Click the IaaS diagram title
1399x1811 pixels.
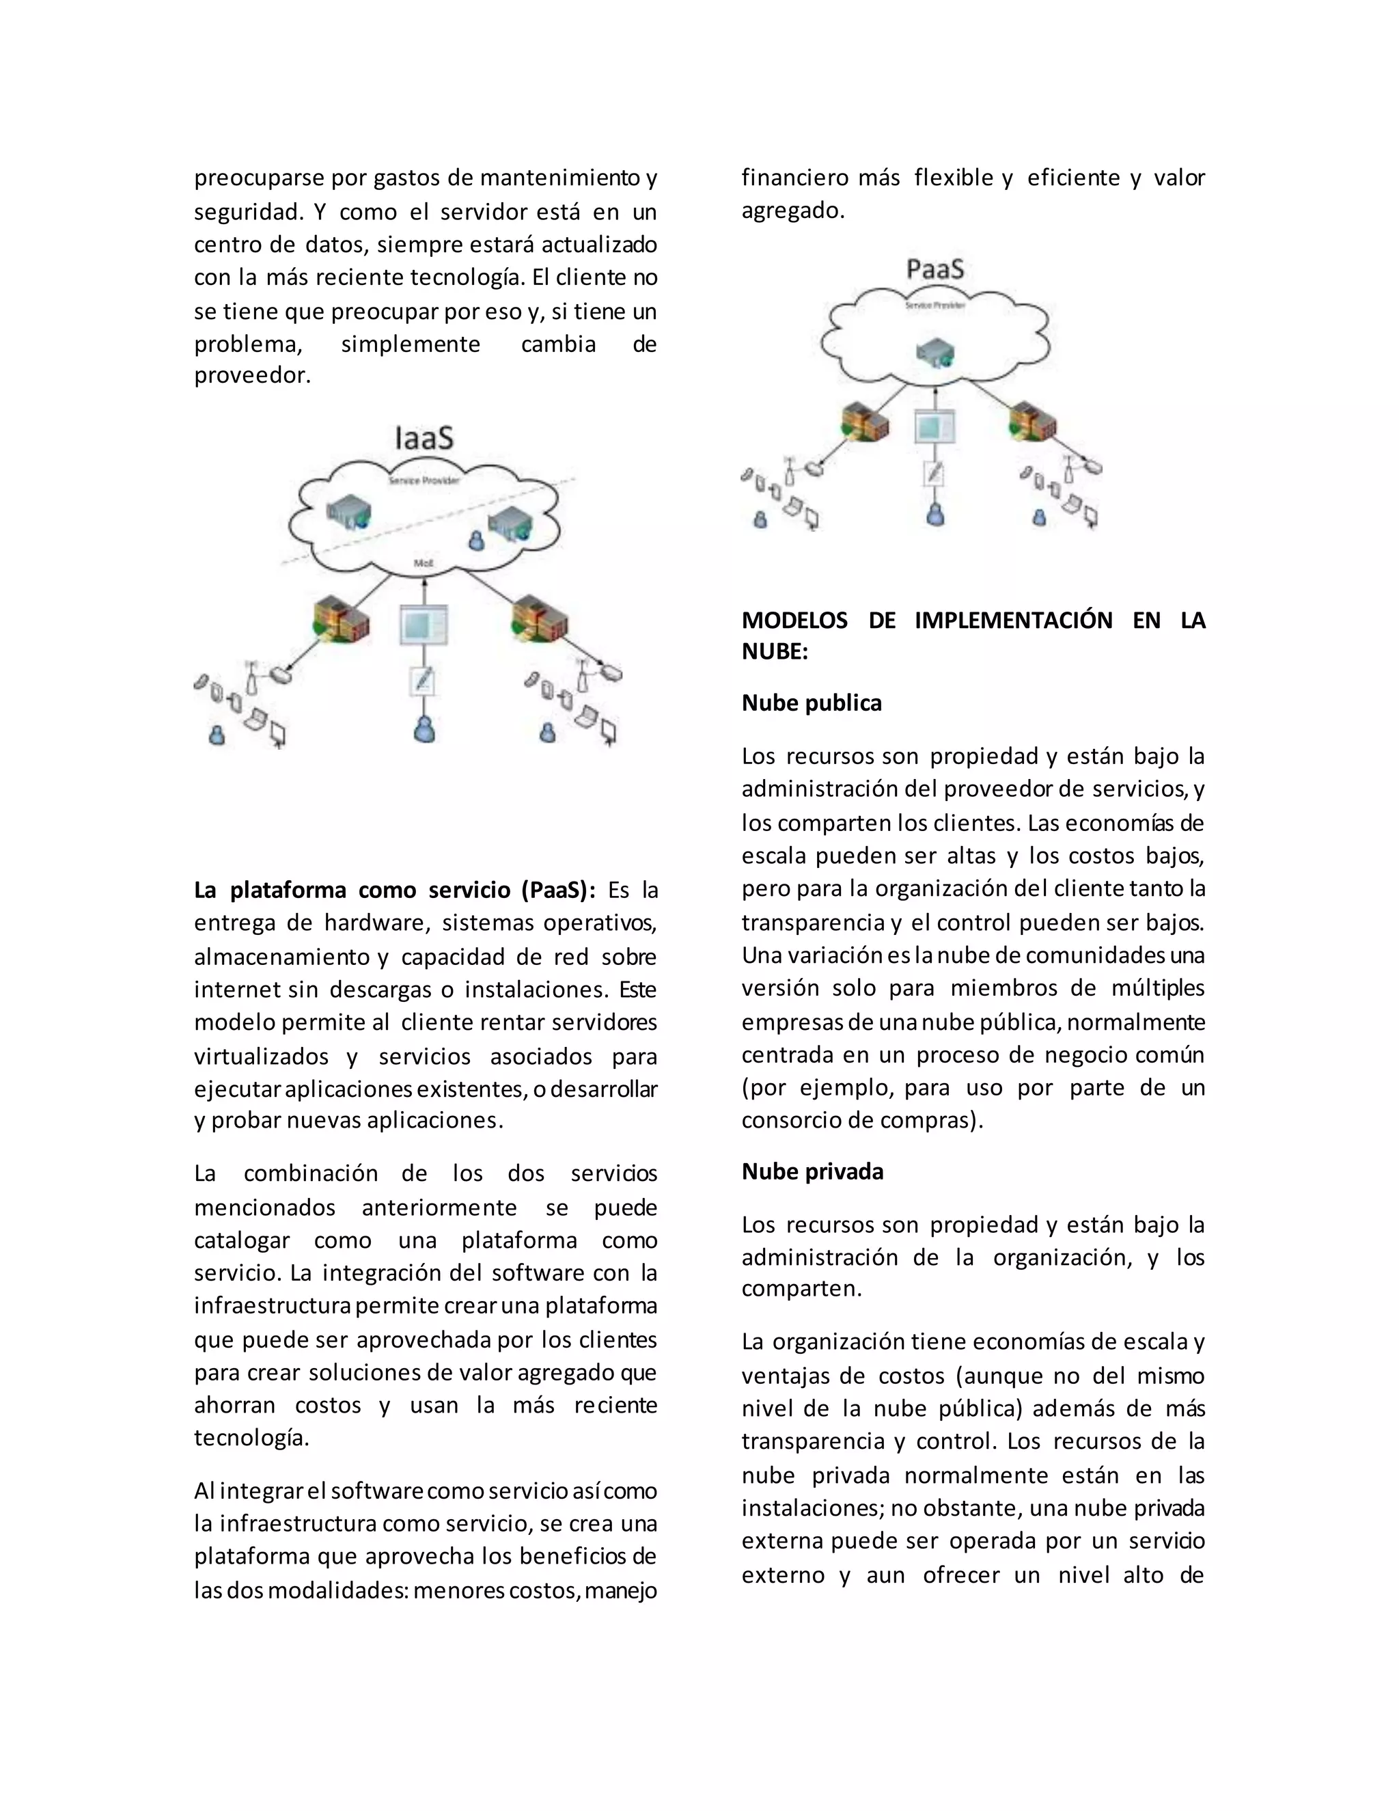click(x=424, y=439)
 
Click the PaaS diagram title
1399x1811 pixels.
click(x=935, y=269)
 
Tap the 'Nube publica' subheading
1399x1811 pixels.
click(x=812, y=703)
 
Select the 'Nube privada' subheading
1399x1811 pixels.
click(x=812, y=1171)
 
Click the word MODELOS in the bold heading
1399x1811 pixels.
click(x=794, y=621)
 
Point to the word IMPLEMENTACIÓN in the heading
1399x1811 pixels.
click(x=1013, y=621)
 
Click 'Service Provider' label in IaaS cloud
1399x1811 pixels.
click(x=424, y=480)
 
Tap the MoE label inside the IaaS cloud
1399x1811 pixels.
click(x=424, y=563)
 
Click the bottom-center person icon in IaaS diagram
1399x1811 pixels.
click(x=424, y=730)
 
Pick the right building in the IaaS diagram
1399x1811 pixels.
click(x=540, y=618)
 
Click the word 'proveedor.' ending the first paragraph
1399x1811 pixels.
click(x=252, y=376)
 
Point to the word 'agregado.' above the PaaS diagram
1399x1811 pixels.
click(x=792, y=210)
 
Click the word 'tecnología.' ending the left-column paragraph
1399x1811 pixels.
click(x=251, y=1438)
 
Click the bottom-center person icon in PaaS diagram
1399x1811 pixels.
click(x=935, y=515)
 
